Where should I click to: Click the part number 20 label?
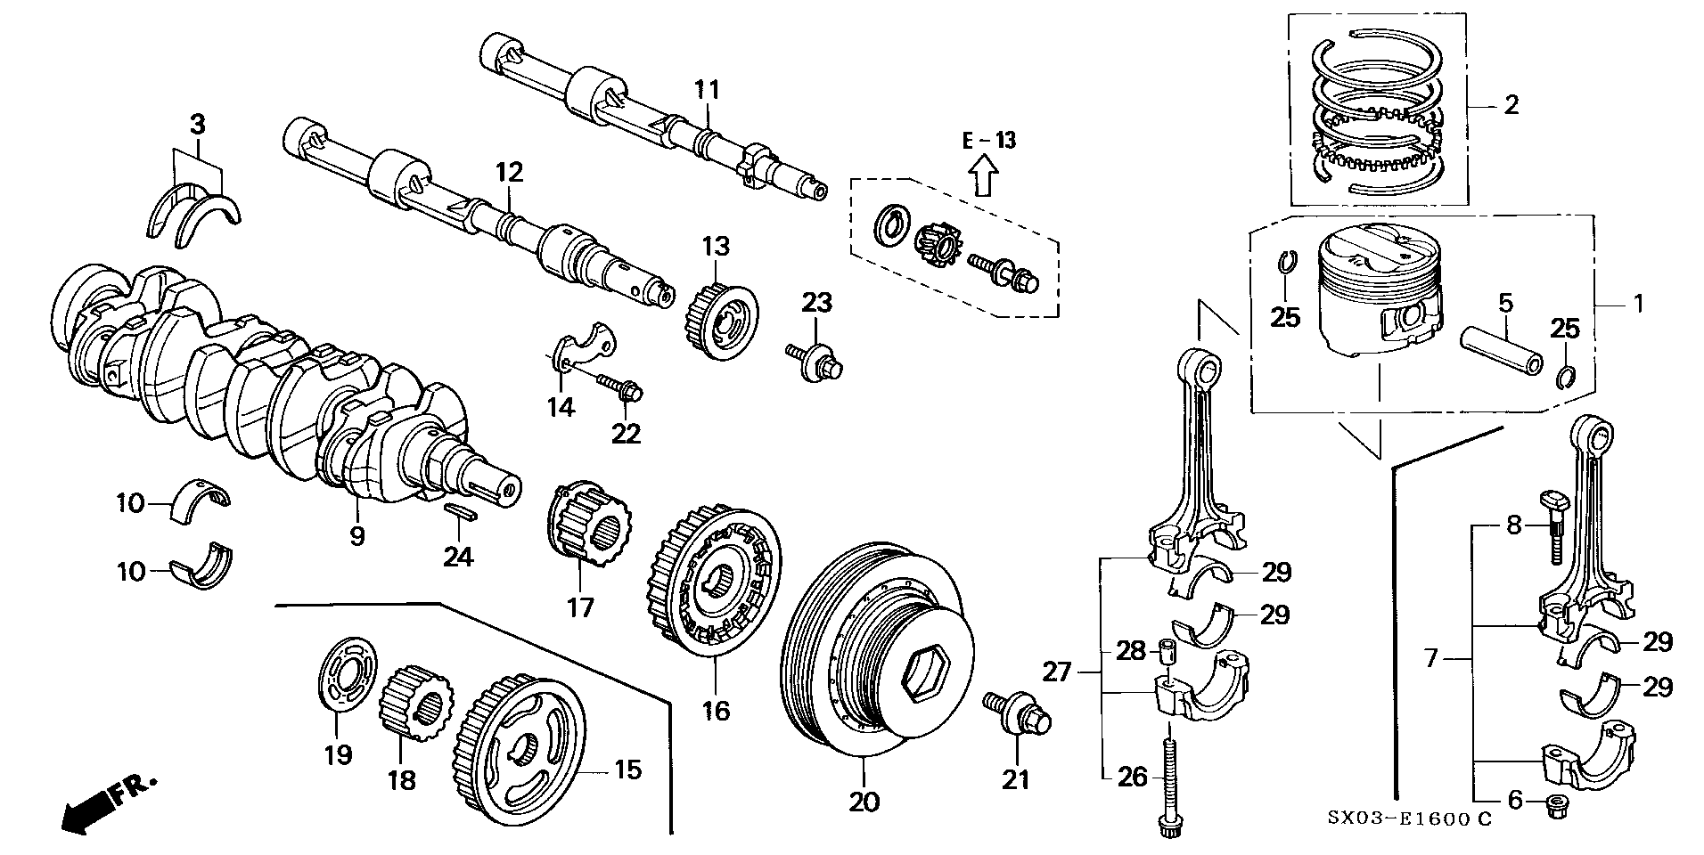click(x=864, y=802)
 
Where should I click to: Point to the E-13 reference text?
click(x=988, y=140)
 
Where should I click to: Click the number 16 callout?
click(x=716, y=710)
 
